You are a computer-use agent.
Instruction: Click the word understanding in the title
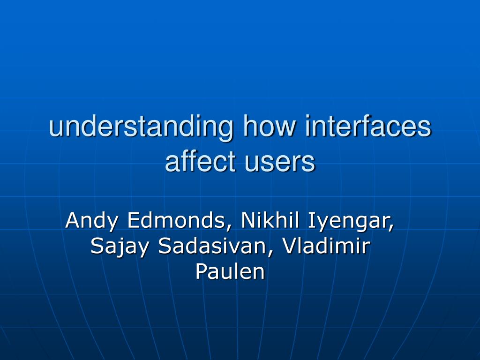[x=141, y=127]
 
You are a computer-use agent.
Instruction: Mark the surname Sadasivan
[x=214, y=246]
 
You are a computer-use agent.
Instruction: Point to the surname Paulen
[x=230, y=271]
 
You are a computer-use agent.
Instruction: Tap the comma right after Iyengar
[x=391, y=227]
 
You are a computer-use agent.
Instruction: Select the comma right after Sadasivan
[x=272, y=253]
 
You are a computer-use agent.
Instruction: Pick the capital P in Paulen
[x=201, y=271]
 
